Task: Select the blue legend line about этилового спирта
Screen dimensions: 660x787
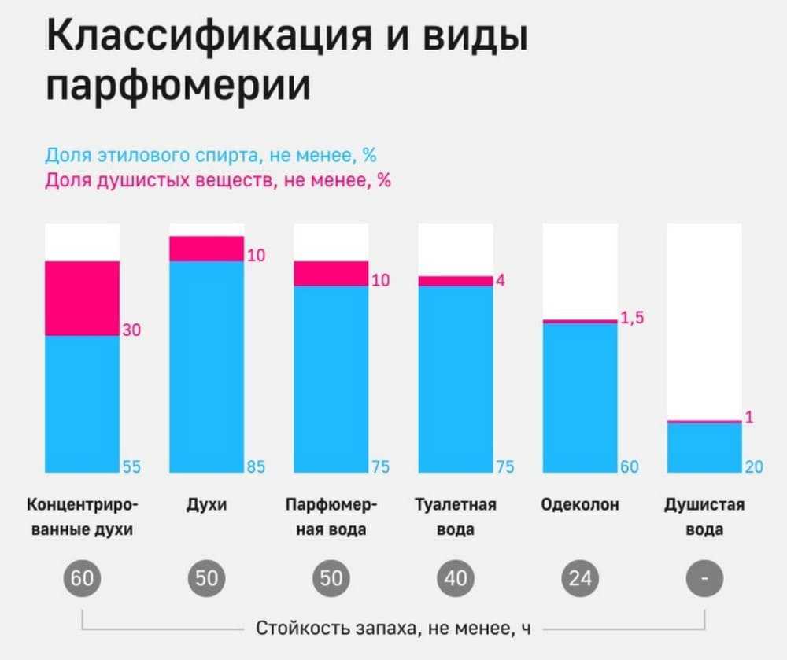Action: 211,155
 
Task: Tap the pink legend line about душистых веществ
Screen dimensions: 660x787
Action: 218,180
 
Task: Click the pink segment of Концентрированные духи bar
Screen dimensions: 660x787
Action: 82,298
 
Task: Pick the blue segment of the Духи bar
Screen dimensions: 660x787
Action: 206,366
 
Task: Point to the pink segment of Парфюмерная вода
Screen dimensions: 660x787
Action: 331,273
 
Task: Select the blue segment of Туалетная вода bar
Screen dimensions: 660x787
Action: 455,378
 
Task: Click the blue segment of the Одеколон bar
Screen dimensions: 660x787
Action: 579,397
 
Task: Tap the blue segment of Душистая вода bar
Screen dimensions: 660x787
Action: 704,448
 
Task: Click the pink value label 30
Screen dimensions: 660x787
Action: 131,330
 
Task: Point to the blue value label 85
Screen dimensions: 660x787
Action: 256,466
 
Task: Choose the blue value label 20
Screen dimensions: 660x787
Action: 754,466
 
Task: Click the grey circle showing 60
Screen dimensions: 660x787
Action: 82,579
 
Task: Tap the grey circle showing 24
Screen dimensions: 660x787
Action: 580,579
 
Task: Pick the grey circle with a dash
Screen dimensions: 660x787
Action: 704,579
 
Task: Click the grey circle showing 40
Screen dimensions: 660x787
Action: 456,579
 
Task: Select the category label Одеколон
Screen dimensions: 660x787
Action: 580,505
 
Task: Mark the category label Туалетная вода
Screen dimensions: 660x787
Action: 456,517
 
